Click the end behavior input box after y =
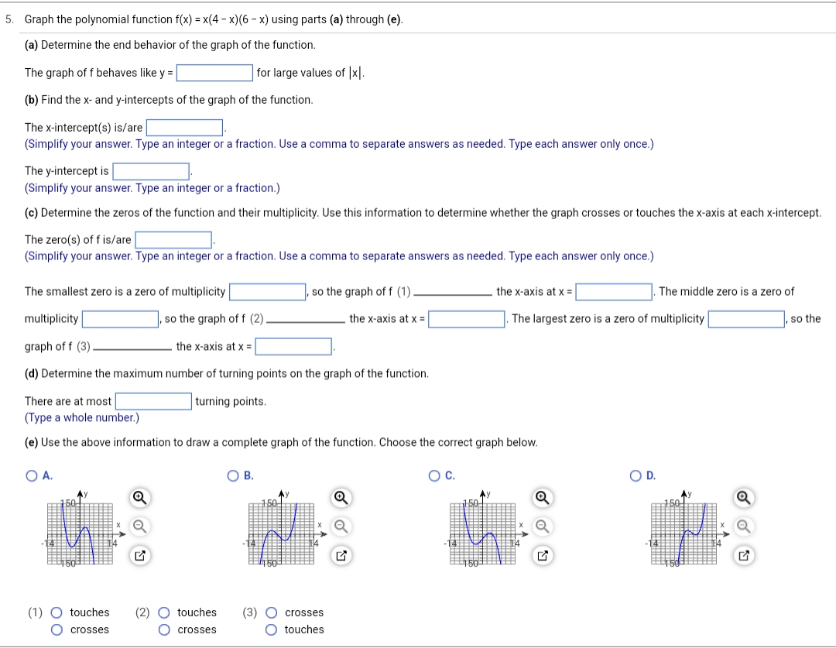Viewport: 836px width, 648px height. point(214,73)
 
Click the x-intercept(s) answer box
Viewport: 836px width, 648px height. point(185,128)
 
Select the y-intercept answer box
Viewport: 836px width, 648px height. point(152,171)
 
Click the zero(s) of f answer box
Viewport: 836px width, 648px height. point(174,240)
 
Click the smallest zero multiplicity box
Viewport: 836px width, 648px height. point(267,292)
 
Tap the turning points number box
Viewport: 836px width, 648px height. point(154,401)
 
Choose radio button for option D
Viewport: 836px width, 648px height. point(635,476)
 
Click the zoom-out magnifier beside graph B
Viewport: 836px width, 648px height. point(340,526)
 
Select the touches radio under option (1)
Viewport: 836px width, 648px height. point(57,613)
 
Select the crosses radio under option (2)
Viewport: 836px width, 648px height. point(164,630)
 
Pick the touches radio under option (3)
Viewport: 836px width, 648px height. point(271,630)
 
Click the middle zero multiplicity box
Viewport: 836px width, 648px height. point(121,319)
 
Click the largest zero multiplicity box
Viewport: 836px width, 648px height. point(746,319)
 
